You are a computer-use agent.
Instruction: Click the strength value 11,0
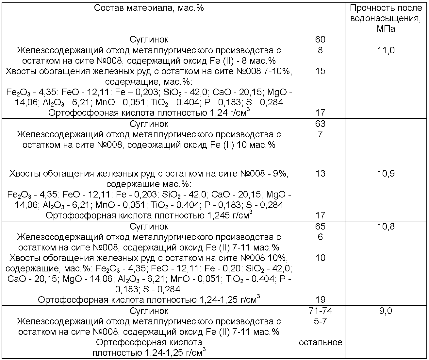386,50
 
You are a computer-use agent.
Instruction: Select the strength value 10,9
386,173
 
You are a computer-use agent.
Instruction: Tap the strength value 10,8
386,226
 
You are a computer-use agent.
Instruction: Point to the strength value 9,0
386,311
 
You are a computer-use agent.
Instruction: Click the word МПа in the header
386,29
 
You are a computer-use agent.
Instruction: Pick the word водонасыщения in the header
386,18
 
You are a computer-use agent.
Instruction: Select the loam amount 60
320,40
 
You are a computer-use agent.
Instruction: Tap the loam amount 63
320,124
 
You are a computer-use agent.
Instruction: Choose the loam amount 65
320,226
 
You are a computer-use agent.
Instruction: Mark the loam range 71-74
320,311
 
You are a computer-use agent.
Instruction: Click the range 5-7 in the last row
320,321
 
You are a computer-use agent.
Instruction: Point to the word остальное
320,342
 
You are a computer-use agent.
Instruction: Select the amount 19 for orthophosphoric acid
320,300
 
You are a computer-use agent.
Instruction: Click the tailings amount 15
320,71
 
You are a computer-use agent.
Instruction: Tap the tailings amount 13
320,173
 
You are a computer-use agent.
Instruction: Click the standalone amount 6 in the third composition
320,237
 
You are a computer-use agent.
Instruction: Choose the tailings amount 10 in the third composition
320,258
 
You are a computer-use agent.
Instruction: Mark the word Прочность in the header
371,8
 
